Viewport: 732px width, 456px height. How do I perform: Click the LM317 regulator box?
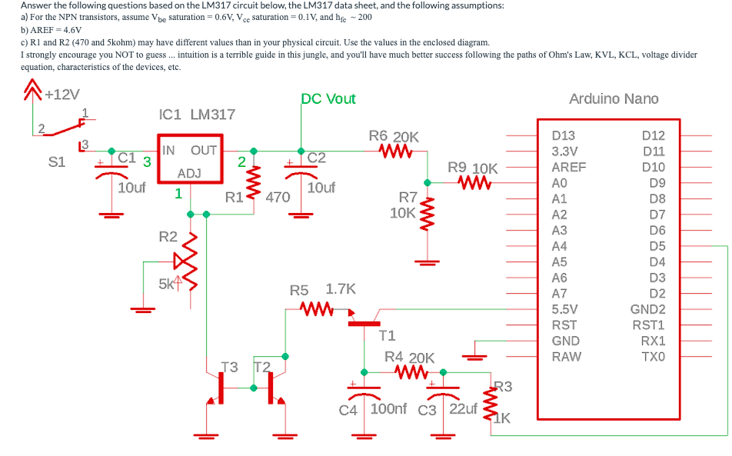[x=189, y=161]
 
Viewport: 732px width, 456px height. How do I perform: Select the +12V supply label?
[x=62, y=95]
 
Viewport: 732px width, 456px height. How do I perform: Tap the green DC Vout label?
[x=328, y=98]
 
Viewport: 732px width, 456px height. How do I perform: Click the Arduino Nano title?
[x=613, y=98]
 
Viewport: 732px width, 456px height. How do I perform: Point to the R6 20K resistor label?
[x=394, y=136]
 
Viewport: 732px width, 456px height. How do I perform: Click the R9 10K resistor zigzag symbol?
[x=474, y=183]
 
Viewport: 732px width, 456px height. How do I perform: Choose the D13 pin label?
[x=564, y=135]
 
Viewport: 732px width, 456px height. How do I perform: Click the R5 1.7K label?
[x=322, y=290]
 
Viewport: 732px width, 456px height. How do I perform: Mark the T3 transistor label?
[x=229, y=366]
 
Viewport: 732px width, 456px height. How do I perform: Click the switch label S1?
[x=57, y=162]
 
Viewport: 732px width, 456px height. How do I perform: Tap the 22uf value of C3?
[x=463, y=408]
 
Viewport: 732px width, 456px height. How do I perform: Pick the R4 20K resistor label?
[x=410, y=358]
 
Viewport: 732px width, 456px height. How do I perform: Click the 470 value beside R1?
[x=277, y=197]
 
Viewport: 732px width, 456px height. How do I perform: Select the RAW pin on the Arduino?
[x=567, y=357]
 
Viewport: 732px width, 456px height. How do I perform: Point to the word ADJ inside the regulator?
[x=189, y=174]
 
